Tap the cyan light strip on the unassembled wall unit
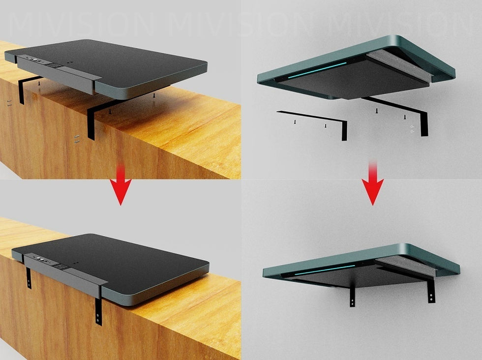[x=317, y=70]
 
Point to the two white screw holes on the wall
[x=412, y=129]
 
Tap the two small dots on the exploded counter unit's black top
[x=70, y=62]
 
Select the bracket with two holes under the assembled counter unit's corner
[x=98, y=312]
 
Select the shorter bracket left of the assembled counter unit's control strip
[x=29, y=278]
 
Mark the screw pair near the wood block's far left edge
[x=9, y=103]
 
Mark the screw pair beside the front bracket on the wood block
[x=77, y=139]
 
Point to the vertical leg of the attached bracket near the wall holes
[x=424, y=123]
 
